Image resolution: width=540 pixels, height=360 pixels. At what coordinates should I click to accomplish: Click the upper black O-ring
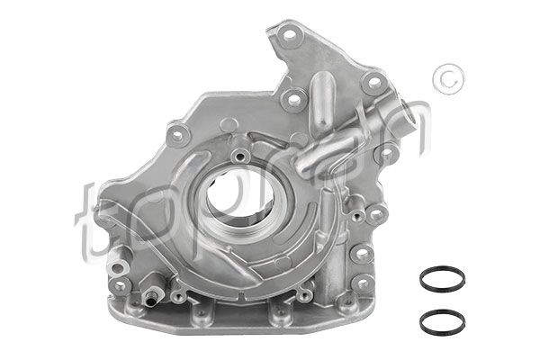click(441, 278)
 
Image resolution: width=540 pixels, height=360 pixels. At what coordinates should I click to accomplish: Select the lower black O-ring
click(441, 319)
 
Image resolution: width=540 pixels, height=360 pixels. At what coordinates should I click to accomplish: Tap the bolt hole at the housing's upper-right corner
click(372, 84)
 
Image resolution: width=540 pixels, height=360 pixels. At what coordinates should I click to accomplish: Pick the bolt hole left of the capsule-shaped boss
click(291, 97)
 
